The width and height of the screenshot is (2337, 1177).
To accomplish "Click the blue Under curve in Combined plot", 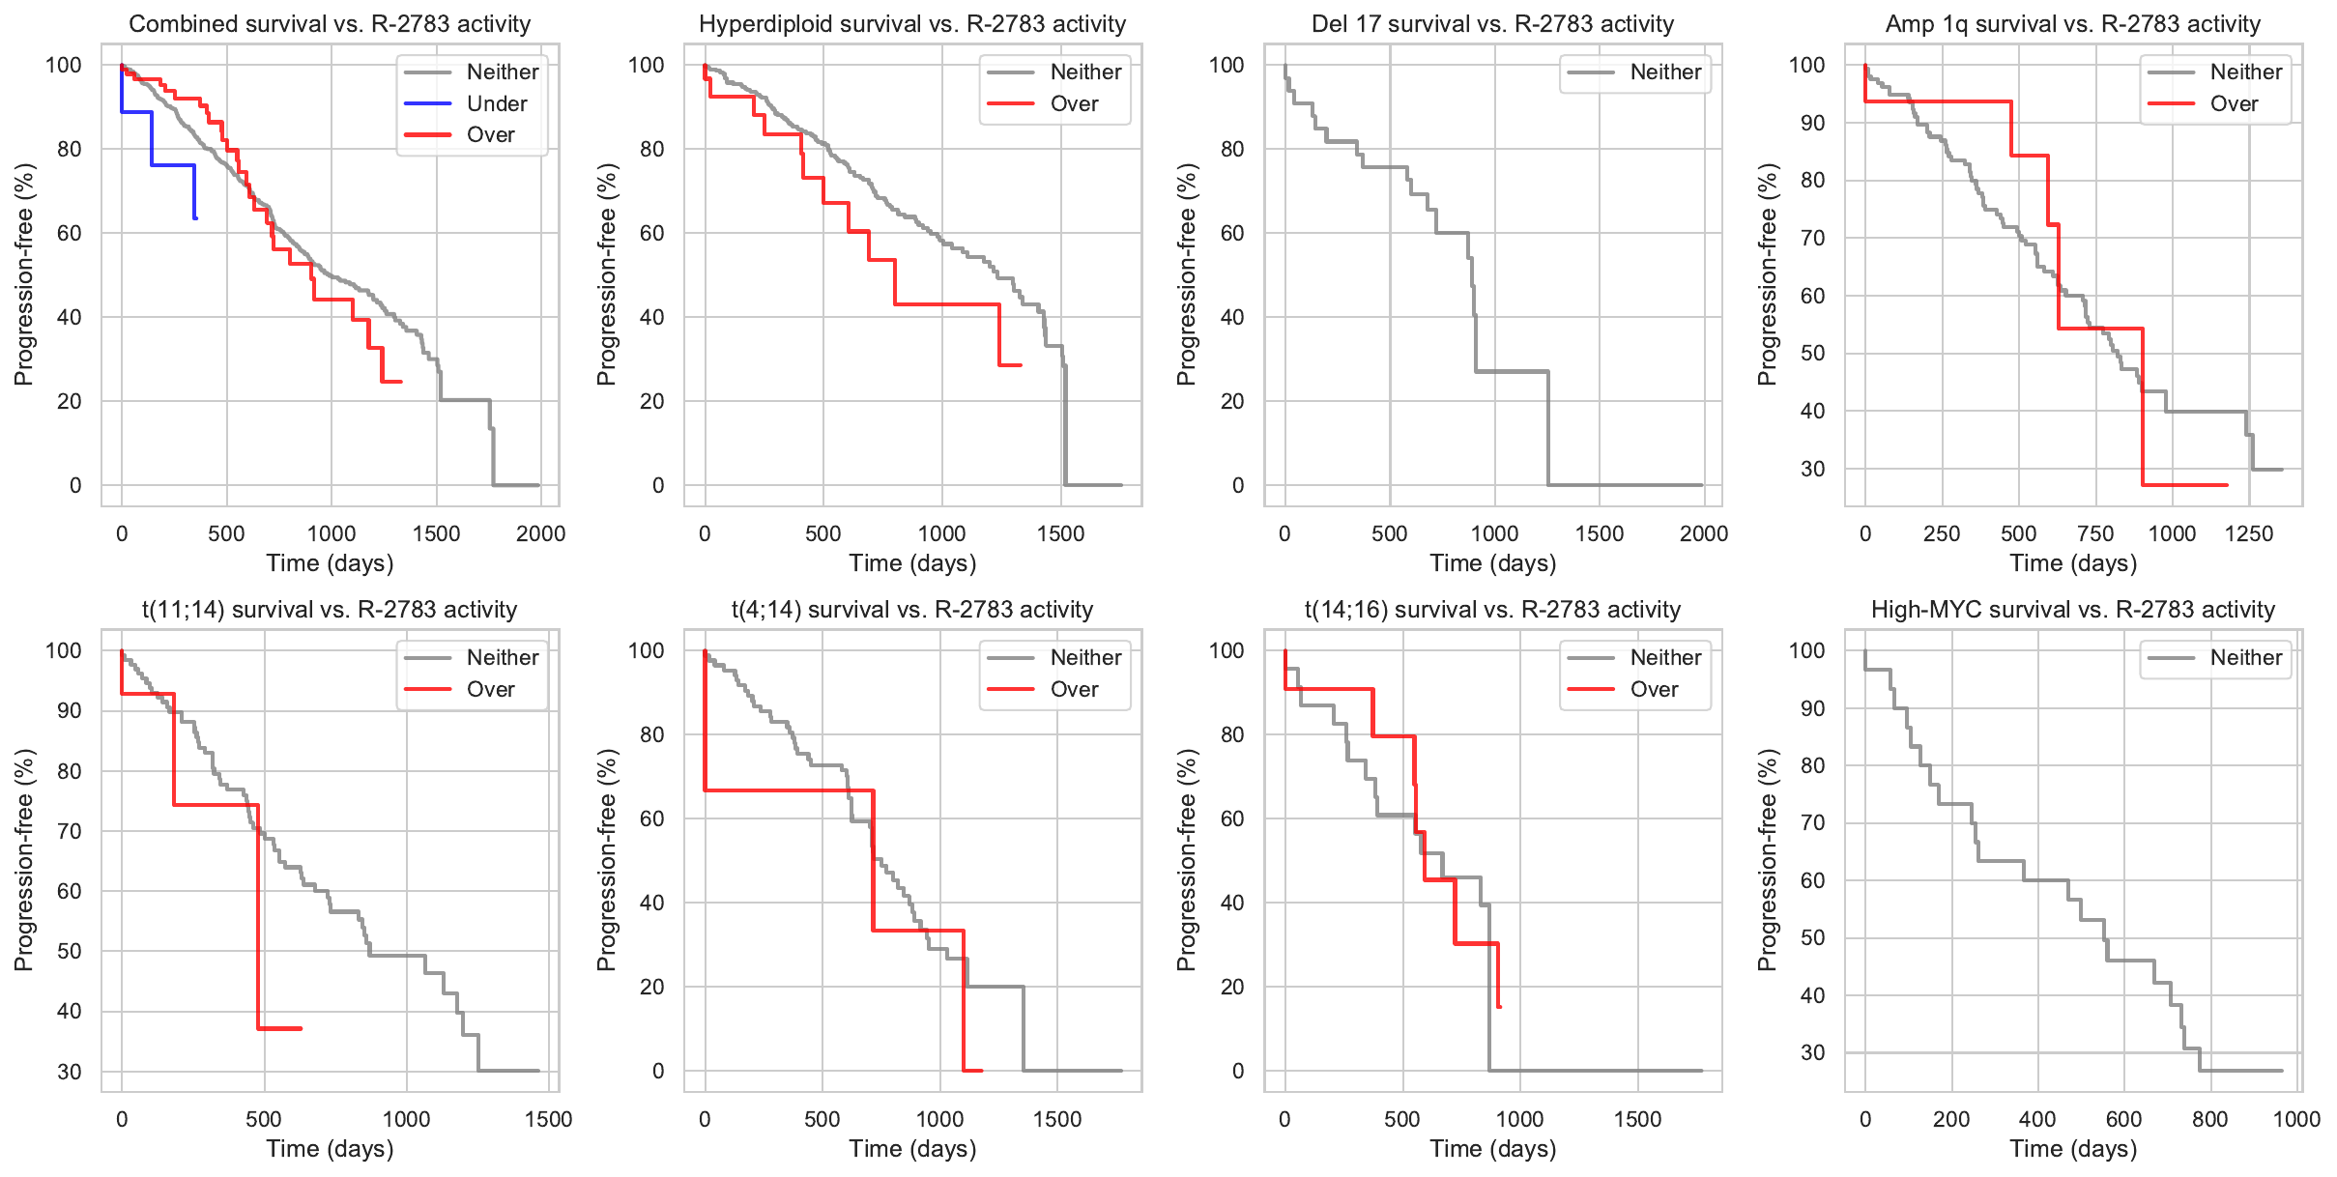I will (172, 165).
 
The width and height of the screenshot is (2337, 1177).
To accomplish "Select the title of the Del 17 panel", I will (1492, 24).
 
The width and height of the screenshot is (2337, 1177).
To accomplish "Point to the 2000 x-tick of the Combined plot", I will (540, 533).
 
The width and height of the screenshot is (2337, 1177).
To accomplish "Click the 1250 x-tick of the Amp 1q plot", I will (2249, 533).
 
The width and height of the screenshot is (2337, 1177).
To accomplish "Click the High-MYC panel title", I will (2072, 610).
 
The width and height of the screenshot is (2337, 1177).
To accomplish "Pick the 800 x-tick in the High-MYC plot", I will (2210, 1119).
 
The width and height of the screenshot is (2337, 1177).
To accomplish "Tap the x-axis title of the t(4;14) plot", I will (912, 1149).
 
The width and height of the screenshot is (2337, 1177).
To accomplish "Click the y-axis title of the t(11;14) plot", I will (23, 860).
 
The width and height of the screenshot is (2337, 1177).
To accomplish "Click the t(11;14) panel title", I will (330, 610).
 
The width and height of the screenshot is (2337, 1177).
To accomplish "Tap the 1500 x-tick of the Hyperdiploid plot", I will (1060, 533).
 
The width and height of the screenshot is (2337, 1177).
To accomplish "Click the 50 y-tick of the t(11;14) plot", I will (69, 951).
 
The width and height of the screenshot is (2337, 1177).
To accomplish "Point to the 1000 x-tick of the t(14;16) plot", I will (1519, 1119).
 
